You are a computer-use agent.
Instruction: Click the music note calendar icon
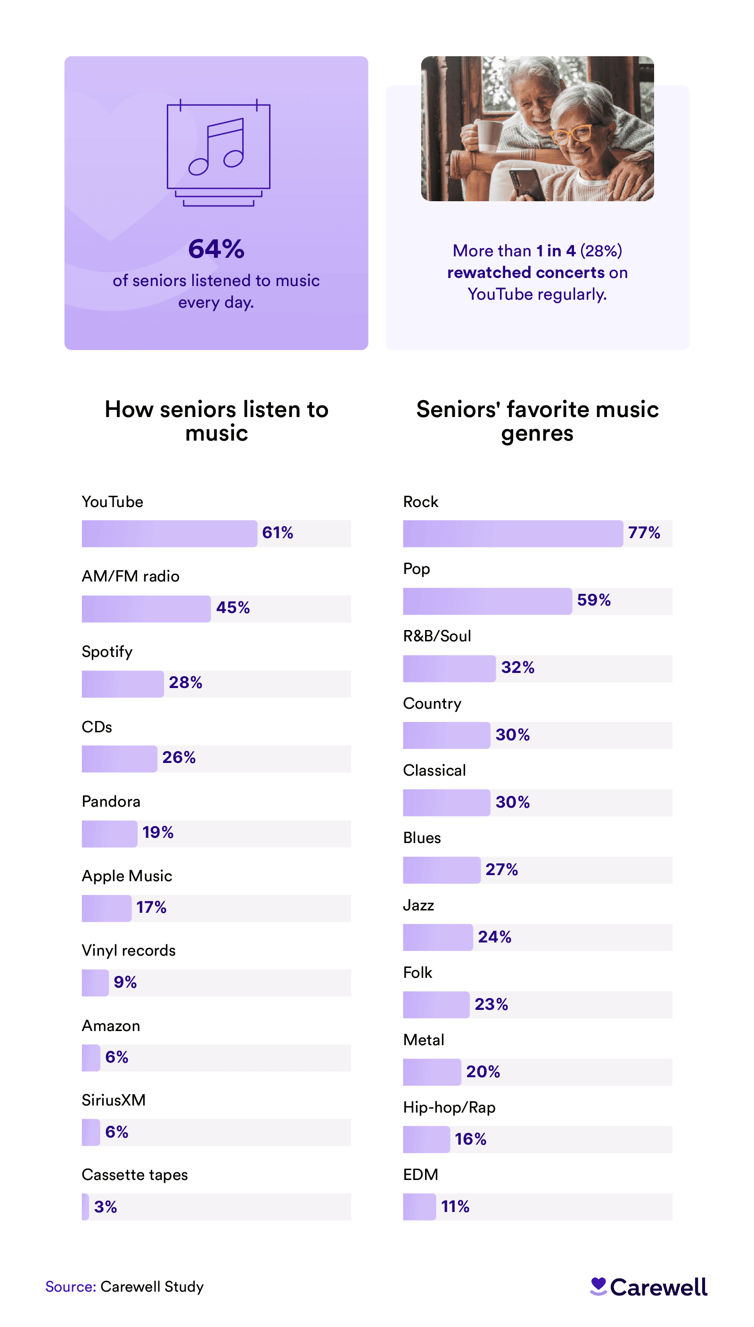[218, 152]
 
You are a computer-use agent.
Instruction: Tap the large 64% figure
[216, 249]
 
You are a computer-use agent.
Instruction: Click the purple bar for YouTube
[169, 533]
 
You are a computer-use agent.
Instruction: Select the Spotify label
[107, 651]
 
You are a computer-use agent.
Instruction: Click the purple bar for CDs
[119, 759]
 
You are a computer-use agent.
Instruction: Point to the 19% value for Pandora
[158, 833]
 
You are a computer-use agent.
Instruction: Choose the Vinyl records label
[129, 950]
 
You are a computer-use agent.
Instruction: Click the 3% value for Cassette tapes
[106, 1207]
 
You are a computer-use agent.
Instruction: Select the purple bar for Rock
[513, 533]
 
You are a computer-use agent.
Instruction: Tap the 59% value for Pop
[593, 600]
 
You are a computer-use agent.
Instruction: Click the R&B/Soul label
[437, 636]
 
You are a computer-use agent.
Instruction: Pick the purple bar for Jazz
[438, 937]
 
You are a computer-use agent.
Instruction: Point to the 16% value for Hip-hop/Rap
[470, 1139]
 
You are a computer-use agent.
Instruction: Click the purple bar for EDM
[419, 1207]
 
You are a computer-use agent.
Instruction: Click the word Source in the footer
[70, 1286]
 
